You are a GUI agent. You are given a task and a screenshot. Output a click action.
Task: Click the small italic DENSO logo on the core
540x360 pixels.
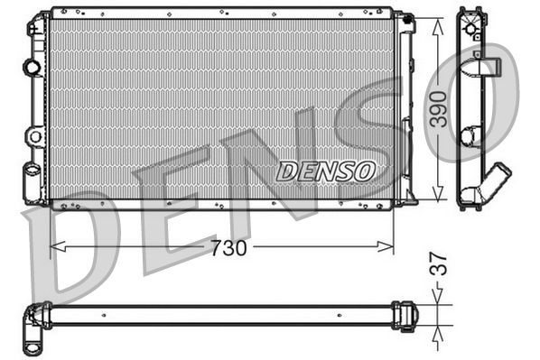pyautogui.click(x=325, y=170)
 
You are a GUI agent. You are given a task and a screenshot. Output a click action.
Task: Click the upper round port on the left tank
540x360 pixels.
pyautogui.click(x=33, y=67)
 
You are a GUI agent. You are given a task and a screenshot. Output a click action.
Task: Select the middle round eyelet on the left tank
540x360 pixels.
pyautogui.click(x=35, y=136)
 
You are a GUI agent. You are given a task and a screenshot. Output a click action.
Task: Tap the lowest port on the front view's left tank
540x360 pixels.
pyautogui.click(x=33, y=171)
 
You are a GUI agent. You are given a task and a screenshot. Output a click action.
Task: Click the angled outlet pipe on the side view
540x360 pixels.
pyautogui.click(x=495, y=177)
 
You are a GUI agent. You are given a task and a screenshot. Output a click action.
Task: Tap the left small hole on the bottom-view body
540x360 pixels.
pyautogui.click(x=105, y=315)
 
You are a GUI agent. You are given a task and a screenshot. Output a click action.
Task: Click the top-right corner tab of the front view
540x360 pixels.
pyautogui.click(x=405, y=19)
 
